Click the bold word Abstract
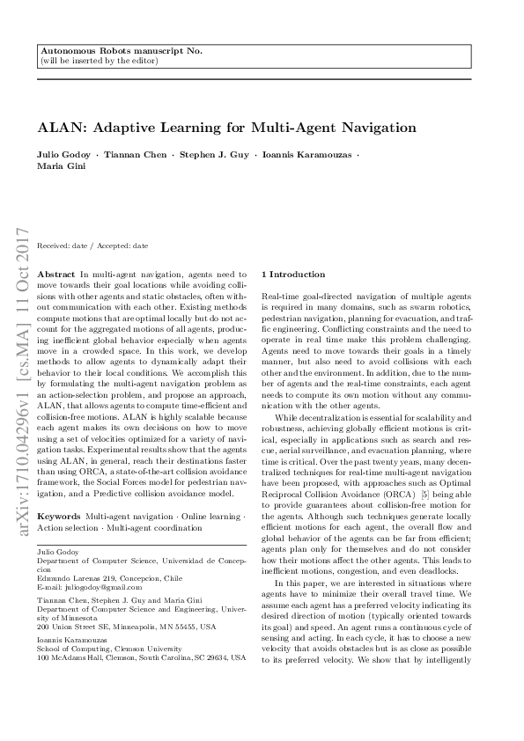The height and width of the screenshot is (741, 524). [x=57, y=275]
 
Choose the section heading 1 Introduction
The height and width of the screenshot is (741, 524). [x=295, y=275]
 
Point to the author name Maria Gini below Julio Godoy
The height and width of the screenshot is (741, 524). [x=56, y=165]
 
